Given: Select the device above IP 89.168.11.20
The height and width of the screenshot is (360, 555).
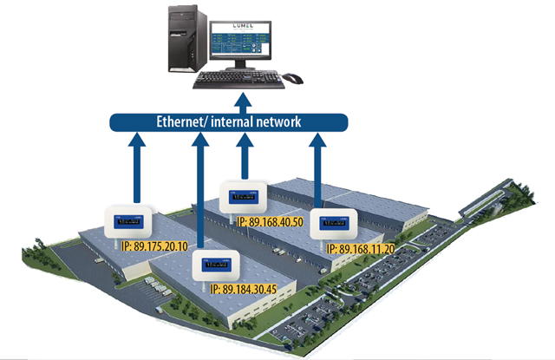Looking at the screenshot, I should click(331, 225).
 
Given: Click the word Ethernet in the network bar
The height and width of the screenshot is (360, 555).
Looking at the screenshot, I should click(184, 121).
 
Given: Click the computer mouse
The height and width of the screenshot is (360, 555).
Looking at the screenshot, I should click(293, 79).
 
